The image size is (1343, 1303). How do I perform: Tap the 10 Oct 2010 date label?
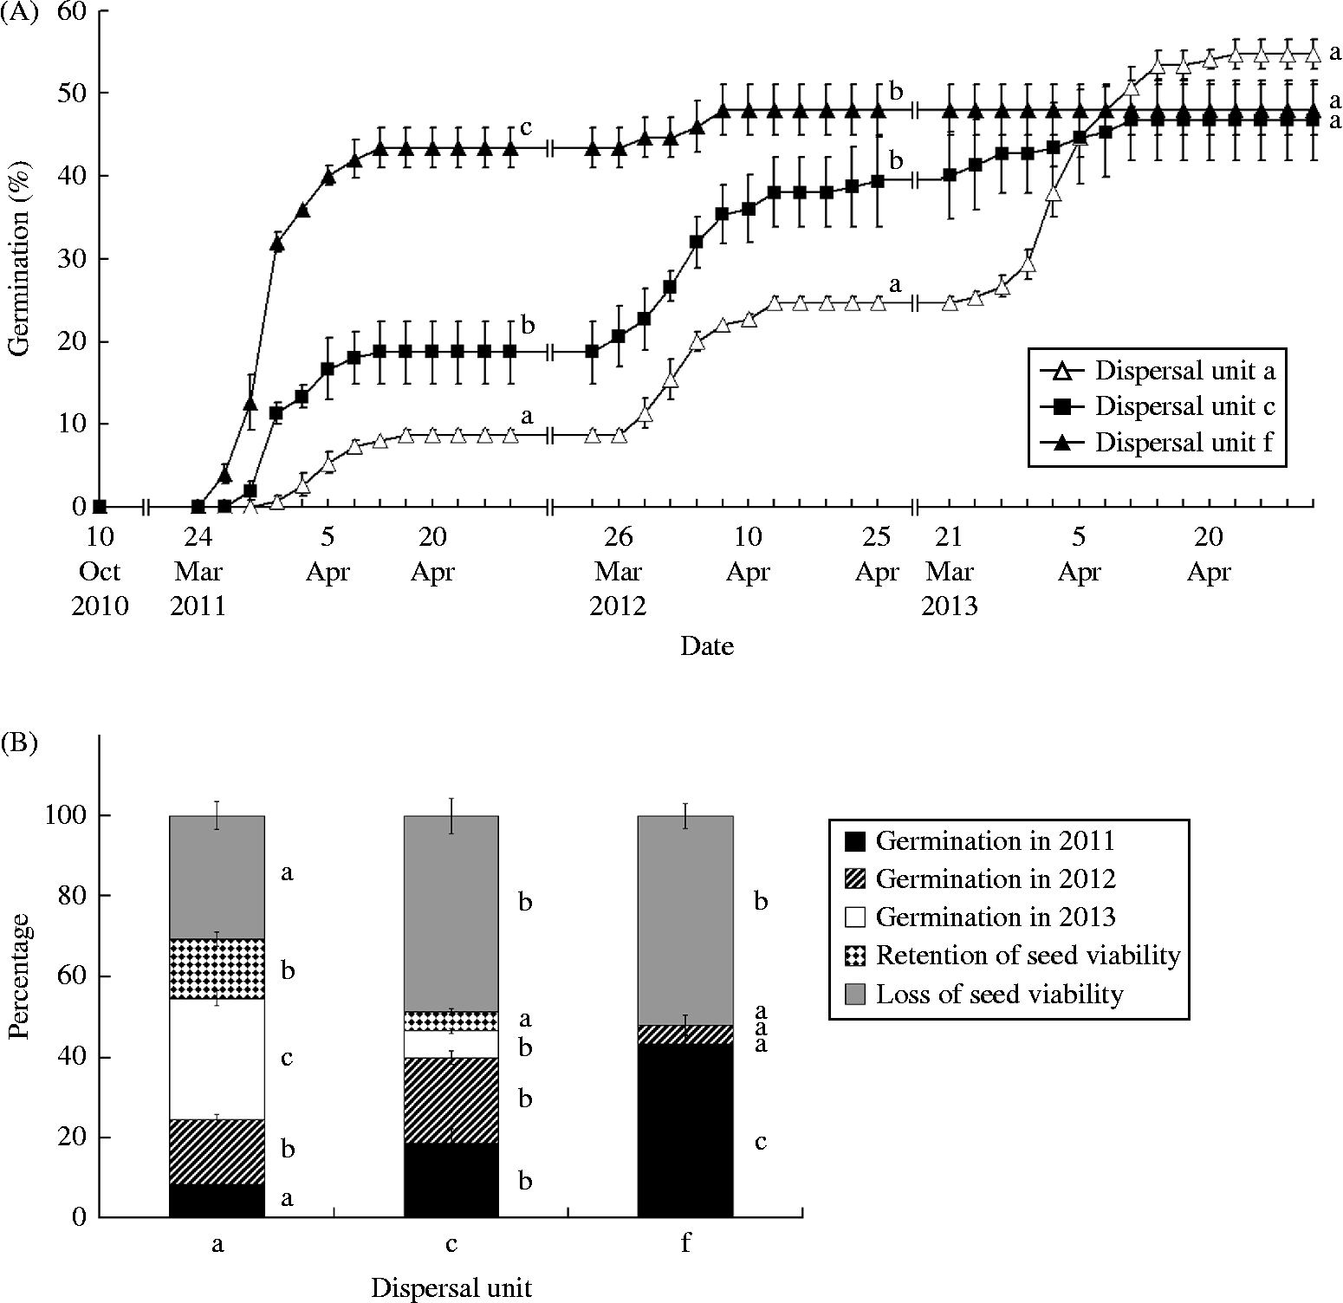[x=100, y=571]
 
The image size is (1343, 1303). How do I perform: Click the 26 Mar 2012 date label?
[x=618, y=571]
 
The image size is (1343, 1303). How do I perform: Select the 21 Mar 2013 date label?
[x=949, y=571]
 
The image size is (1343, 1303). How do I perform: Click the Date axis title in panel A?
[x=707, y=646]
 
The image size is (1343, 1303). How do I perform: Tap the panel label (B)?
[x=19, y=744]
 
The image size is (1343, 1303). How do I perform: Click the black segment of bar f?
[x=685, y=1130]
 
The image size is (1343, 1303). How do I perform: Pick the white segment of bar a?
[x=217, y=1059]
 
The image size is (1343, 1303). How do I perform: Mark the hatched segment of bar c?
[x=451, y=1099]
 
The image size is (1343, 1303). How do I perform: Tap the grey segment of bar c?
[x=451, y=913]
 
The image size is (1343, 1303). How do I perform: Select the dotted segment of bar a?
[x=217, y=969]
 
